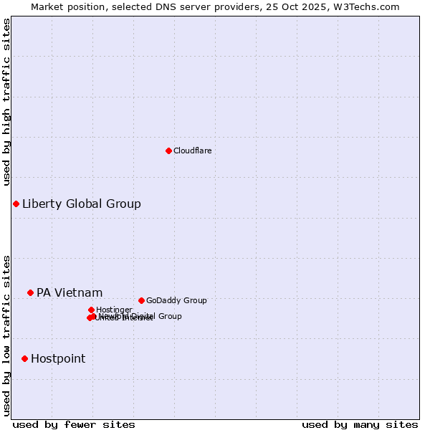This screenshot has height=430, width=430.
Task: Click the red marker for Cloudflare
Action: (168, 150)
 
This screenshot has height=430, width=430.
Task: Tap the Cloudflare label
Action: (192, 150)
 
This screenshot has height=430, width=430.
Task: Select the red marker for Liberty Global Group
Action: (16, 204)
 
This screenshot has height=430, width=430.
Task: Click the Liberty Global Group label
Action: (81, 204)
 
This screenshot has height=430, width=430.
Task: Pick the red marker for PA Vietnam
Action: (30, 292)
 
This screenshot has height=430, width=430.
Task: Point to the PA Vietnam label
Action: (70, 292)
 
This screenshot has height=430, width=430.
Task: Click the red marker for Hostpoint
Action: (24, 358)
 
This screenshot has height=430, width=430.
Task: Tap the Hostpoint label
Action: (57, 358)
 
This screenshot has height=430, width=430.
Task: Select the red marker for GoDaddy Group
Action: (141, 300)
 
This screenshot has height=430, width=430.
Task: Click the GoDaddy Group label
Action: (176, 300)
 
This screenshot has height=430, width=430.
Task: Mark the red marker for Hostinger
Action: (91, 310)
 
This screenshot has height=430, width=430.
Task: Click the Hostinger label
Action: (114, 310)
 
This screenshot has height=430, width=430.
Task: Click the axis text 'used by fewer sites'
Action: (74, 424)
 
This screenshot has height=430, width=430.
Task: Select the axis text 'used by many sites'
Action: (360, 424)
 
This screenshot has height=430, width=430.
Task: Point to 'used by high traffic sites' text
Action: (7, 102)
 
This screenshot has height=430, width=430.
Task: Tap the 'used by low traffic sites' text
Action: (7, 335)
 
